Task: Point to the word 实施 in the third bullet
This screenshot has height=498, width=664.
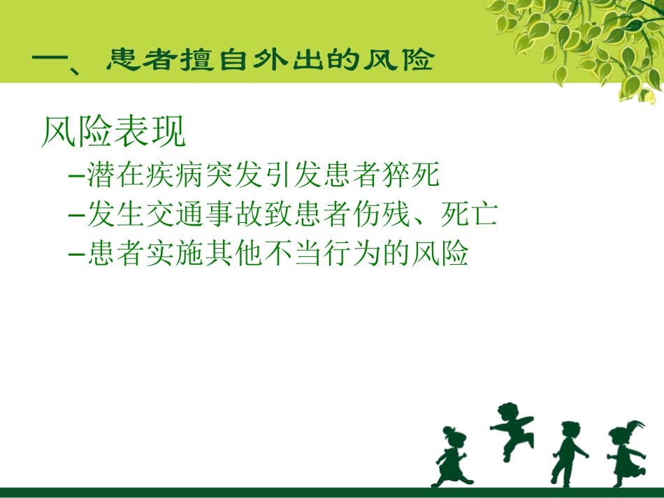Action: pos(177,254)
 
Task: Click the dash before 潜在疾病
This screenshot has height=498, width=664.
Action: pos(77,176)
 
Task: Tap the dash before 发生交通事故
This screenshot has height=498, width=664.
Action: pos(77,215)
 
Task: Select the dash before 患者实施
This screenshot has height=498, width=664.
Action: pos(77,254)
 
